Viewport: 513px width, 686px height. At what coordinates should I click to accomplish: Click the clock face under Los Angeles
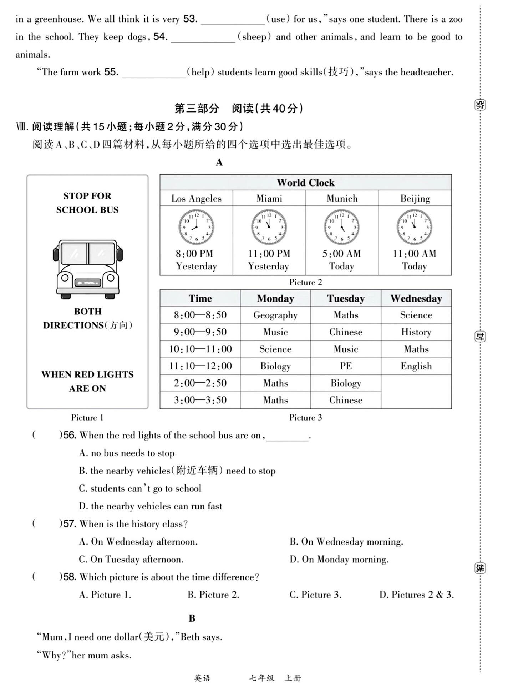196,227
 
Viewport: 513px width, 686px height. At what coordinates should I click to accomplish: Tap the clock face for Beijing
414,227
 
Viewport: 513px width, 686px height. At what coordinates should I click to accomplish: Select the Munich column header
342,198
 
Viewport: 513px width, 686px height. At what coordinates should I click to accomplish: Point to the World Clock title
305,183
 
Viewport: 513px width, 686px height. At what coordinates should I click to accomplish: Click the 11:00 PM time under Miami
269,254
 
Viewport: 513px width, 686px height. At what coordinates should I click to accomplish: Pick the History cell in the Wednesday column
416,332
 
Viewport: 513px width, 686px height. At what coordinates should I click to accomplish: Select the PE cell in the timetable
346,366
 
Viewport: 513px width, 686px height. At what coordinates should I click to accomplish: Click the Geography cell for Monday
275,315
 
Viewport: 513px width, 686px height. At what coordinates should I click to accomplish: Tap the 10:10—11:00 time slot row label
200,349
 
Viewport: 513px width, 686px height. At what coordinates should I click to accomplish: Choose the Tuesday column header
346,298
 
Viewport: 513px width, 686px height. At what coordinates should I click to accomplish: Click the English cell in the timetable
416,366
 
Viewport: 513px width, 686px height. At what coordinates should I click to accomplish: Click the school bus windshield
88,253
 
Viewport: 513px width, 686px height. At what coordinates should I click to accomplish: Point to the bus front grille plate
88,283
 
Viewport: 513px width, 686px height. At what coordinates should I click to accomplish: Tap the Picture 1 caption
87,417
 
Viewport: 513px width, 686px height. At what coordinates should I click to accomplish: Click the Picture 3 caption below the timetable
305,417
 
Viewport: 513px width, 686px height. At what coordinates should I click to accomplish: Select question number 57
70,524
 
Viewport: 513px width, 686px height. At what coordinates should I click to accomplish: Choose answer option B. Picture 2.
213,595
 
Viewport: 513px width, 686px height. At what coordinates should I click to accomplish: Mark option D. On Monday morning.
339,559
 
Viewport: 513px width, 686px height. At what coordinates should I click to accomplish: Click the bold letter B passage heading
192,618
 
